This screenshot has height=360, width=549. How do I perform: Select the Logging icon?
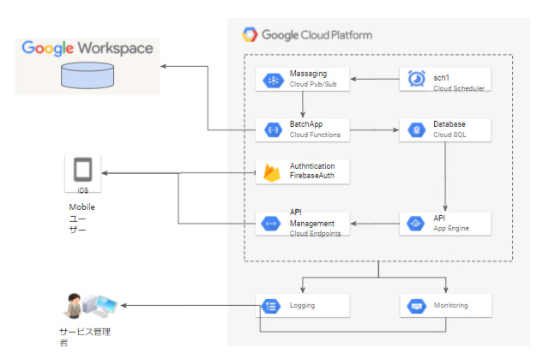(270, 305)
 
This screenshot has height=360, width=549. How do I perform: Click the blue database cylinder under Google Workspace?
(87, 75)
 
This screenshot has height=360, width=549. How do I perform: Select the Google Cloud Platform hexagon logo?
(250, 35)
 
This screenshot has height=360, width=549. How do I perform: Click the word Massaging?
(309, 74)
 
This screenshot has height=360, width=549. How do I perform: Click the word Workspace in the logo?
(114, 48)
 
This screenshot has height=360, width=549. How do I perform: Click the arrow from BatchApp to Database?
(372, 130)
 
